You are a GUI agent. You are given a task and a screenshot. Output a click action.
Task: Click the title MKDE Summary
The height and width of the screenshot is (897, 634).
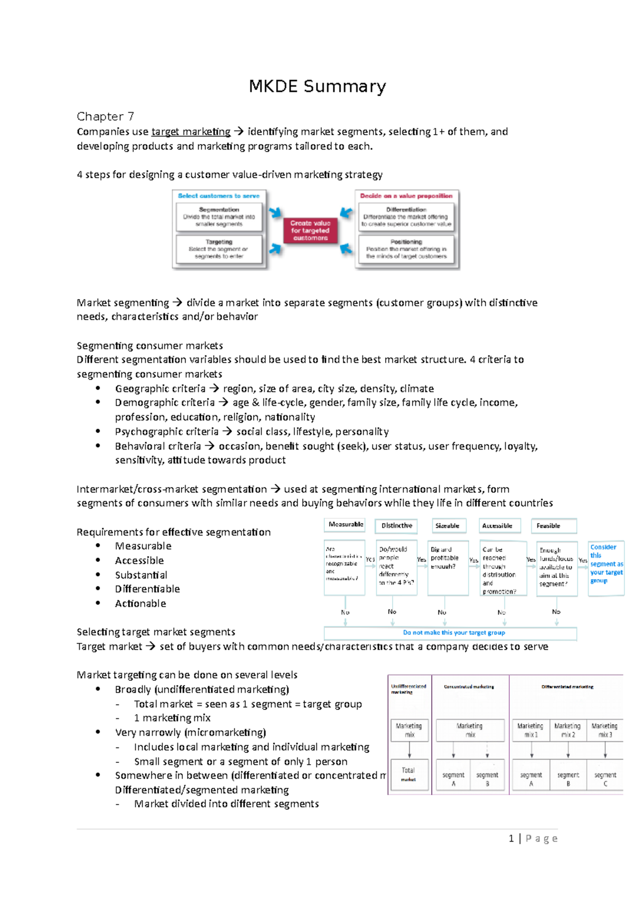(x=317, y=86)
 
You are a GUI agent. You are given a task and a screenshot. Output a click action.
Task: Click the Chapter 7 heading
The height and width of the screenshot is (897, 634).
(x=105, y=116)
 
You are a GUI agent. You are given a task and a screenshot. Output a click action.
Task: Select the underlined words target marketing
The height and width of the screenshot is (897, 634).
(x=191, y=132)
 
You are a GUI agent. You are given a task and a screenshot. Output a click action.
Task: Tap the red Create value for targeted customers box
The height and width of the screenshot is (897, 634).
(x=310, y=231)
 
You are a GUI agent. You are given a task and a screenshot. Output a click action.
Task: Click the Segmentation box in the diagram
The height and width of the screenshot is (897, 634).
(x=219, y=217)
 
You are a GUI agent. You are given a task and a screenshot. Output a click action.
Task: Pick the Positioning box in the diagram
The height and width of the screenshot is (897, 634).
(x=406, y=249)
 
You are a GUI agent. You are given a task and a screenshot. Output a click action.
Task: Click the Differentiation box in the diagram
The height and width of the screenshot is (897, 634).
(x=406, y=217)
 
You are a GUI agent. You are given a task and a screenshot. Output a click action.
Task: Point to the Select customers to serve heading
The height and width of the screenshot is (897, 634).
(x=218, y=196)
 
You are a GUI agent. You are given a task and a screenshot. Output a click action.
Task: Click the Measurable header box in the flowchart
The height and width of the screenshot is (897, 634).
(x=345, y=525)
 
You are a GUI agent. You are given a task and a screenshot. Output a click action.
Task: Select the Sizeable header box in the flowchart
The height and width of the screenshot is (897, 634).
(x=447, y=526)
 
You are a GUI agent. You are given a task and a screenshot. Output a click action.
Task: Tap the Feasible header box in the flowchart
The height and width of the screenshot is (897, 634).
(x=553, y=526)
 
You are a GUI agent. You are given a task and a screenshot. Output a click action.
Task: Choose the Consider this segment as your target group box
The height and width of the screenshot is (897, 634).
(x=606, y=564)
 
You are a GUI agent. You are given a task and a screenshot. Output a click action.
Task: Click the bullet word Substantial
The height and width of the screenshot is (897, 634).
(x=141, y=575)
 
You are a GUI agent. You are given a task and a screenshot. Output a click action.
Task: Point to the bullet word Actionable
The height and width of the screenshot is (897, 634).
(x=141, y=603)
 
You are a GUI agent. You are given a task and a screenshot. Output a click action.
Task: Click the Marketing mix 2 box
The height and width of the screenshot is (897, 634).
(x=568, y=730)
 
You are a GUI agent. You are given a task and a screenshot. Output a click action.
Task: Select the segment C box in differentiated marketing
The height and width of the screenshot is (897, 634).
(x=605, y=779)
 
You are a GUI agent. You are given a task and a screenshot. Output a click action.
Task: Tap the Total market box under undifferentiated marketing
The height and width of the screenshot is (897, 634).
(x=408, y=774)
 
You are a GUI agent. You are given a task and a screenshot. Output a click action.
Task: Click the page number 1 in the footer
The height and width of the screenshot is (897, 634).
(x=511, y=838)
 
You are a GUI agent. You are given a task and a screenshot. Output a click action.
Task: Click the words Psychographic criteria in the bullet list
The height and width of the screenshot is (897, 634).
(x=166, y=432)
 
